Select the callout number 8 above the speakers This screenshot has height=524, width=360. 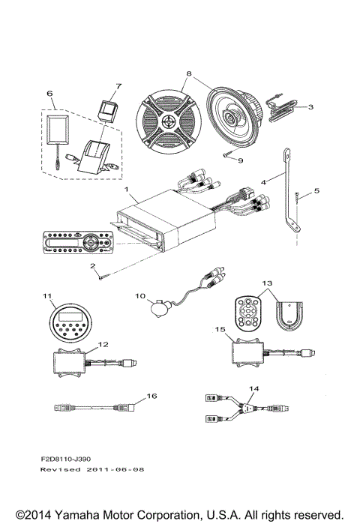pyautogui.click(x=189, y=74)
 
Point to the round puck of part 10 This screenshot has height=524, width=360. pyautogui.click(x=158, y=307)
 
